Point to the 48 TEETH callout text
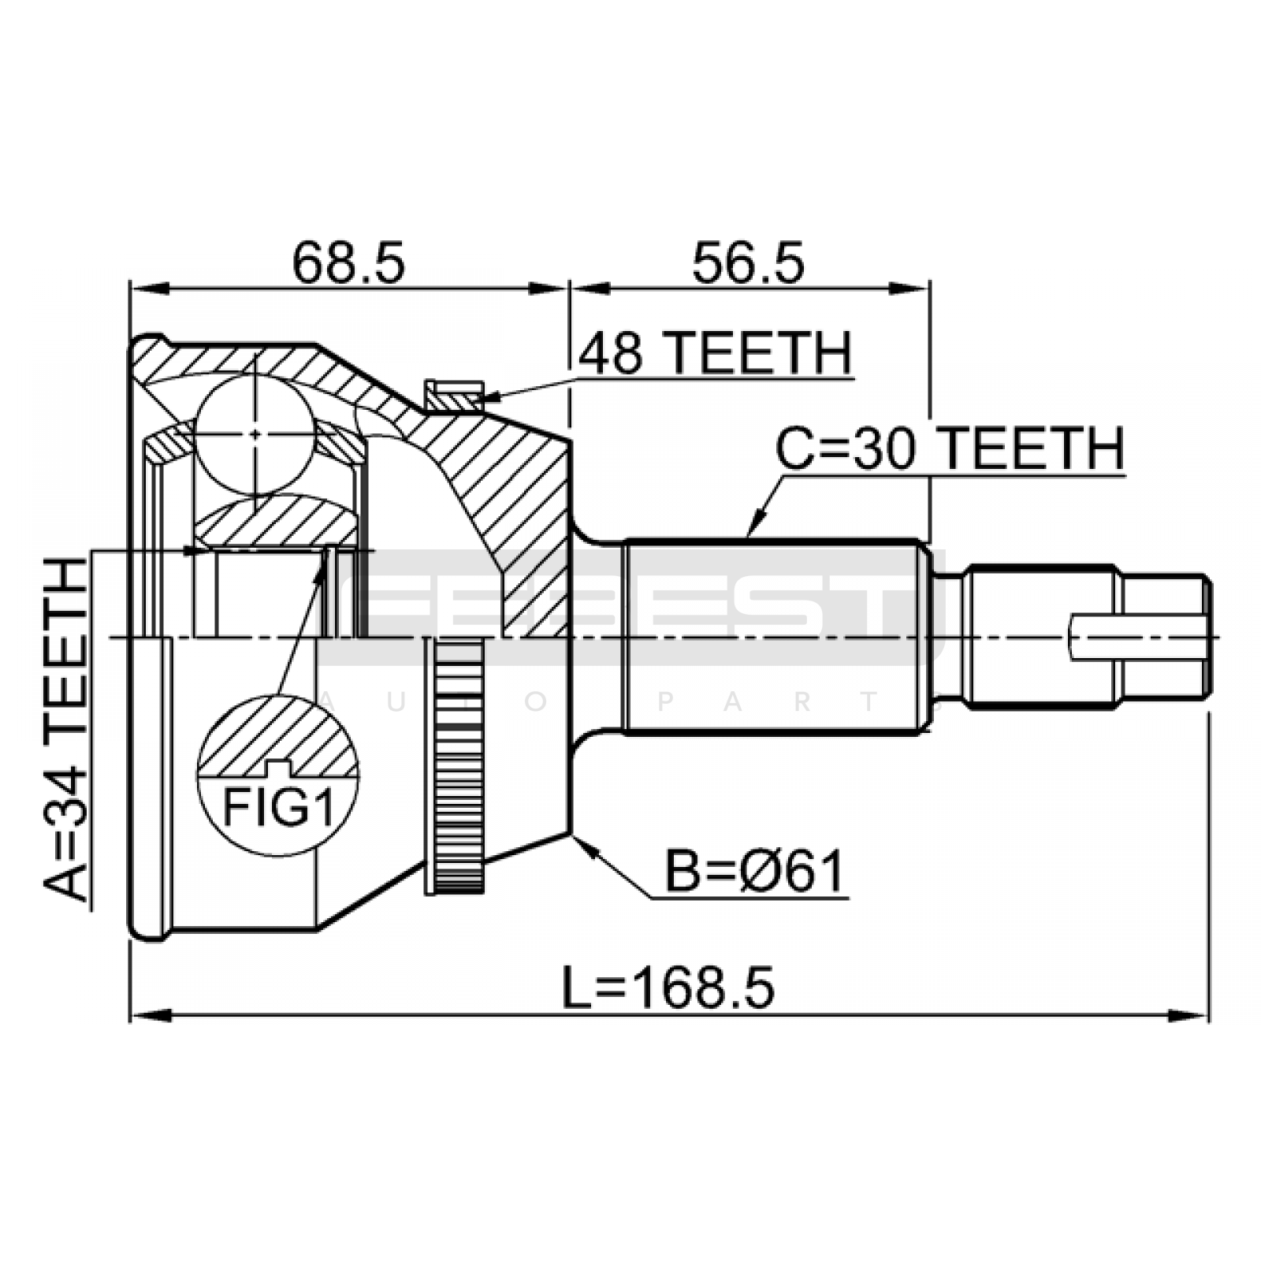pyautogui.click(x=716, y=353)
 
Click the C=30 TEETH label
pyautogui.click(x=950, y=449)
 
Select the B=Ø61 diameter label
pyautogui.click(x=755, y=872)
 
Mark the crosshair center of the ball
pyautogui.click(x=256, y=433)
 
